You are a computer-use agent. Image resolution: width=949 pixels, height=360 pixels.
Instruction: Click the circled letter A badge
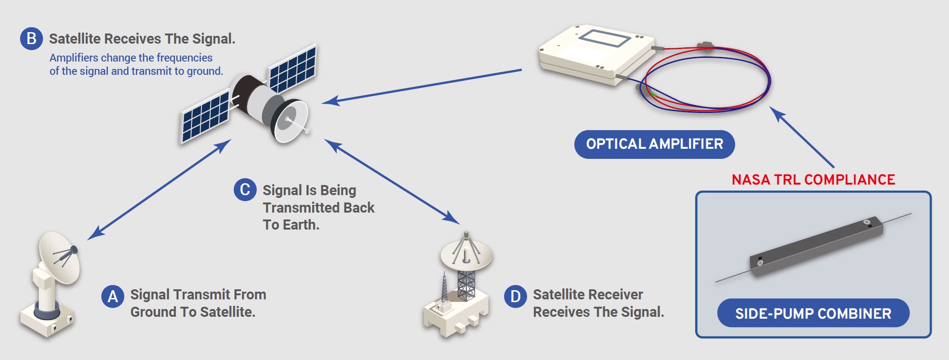[x=112, y=297]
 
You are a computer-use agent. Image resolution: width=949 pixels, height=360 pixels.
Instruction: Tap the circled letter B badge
[x=31, y=39]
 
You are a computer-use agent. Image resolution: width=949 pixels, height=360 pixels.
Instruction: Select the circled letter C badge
[x=245, y=190]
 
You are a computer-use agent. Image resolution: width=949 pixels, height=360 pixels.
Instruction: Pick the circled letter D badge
[x=516, y=297]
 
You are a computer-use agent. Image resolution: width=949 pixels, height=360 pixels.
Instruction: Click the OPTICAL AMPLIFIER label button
[x=654, y=144]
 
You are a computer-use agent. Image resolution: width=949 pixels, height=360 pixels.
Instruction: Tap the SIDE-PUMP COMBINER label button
[x=813, y=313]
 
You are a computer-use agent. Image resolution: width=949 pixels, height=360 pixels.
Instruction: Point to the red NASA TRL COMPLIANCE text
[x=813, y=180]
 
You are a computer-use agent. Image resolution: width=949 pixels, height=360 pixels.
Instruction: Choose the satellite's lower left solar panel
[x=205, y=118]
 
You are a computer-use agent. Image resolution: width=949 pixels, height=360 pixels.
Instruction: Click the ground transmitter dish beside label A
[x=59, y=257]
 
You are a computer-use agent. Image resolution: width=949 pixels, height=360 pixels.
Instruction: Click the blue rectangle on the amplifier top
[x=605, y=38]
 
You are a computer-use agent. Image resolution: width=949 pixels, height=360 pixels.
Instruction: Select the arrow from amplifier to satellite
[x=421, y=86]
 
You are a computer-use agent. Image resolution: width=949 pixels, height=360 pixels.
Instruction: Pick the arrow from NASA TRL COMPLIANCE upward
[x=802, y=137]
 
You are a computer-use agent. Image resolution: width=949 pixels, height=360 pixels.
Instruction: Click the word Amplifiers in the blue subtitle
[x=74, y=58]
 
